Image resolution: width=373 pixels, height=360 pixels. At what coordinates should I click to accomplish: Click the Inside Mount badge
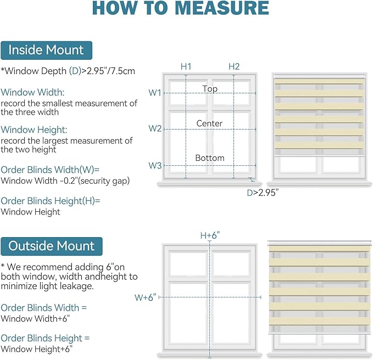(x=46, y=50)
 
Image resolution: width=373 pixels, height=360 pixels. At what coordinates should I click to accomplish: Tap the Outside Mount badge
(x=52, y=246)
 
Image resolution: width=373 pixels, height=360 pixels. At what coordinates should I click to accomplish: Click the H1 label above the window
(x=186, y=66)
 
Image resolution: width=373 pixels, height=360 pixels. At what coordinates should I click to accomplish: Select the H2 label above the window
(x=234, y=66)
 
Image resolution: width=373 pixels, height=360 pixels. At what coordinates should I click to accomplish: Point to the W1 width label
(x=155, y=93)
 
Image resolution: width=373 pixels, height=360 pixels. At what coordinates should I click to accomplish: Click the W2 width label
(x=155, y=128)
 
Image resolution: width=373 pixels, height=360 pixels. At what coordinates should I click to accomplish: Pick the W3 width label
(x=155, y=165)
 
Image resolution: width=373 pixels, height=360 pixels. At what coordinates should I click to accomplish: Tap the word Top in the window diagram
(x=210, y=89)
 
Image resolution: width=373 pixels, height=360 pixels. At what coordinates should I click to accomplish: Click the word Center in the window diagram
(x=210, y=123)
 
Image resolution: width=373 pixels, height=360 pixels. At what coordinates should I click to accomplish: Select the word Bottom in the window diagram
(x=210, y=158)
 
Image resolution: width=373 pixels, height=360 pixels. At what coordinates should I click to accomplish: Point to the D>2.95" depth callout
(x=263, y=193)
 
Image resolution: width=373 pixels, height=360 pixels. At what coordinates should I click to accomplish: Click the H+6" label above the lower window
(x=210, y=235)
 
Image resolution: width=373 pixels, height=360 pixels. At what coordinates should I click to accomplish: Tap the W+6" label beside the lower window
(x=146, y=297)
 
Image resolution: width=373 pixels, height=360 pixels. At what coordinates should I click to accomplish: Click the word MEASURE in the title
(x=222, y=8)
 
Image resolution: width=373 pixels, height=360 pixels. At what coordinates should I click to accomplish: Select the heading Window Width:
(x=32, y=92)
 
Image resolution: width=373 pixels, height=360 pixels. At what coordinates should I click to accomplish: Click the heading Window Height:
(x=34, y=130)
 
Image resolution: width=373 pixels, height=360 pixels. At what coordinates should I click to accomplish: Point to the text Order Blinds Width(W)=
(x=50, y=170)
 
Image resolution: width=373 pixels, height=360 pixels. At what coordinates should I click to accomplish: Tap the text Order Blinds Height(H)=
(x=51, y=201)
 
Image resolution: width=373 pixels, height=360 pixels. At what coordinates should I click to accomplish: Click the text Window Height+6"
(x=36, y=349)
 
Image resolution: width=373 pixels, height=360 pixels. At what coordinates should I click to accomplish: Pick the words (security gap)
(x=104, y=181)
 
